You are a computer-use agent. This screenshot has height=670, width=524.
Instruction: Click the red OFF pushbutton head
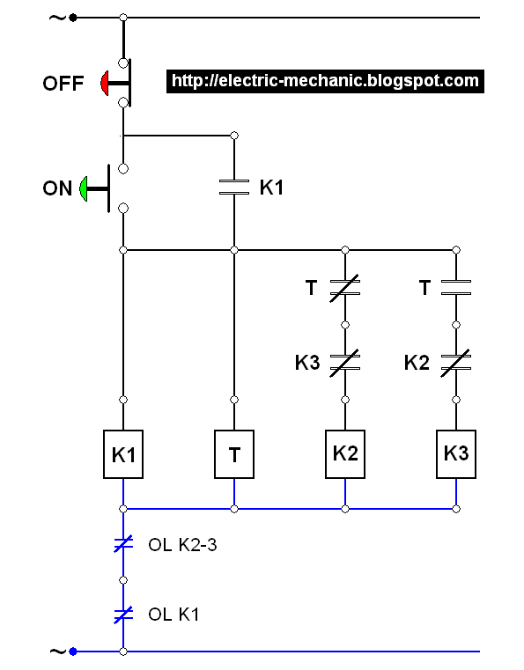(104, 83)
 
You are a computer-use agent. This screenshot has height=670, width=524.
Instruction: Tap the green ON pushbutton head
(84, 188)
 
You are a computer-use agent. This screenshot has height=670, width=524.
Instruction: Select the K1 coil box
(123, 454)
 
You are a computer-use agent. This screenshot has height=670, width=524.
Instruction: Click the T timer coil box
(234, 454)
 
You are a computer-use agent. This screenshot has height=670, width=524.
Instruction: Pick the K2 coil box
(345, 454)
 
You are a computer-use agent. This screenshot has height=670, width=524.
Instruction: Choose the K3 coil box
(456, 454)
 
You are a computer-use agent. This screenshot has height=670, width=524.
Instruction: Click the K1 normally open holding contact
(234, 188)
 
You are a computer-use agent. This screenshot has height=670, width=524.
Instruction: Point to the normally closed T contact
(345, 288)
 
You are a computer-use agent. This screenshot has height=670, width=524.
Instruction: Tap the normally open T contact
(456, 288)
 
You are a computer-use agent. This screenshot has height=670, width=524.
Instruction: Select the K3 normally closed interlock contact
(345, 363)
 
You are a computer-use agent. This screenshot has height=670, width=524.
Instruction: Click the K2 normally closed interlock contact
(456, 363)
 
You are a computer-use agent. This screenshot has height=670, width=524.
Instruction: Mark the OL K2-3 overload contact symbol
(123, 543)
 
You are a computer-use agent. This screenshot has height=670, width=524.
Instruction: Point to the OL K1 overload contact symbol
(123, 615)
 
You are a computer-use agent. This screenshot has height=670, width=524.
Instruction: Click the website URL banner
(325, 81)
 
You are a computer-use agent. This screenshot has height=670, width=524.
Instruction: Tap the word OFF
(63, 84)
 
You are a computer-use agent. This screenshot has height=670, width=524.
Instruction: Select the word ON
(57, 188)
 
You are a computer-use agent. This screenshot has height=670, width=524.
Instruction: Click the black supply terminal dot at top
(73, 18)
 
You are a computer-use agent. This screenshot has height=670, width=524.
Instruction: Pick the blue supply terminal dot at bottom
(73, 652)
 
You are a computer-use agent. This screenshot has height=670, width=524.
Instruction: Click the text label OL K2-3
(182, 545)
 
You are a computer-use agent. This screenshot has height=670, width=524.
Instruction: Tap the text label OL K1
(173, 615)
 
